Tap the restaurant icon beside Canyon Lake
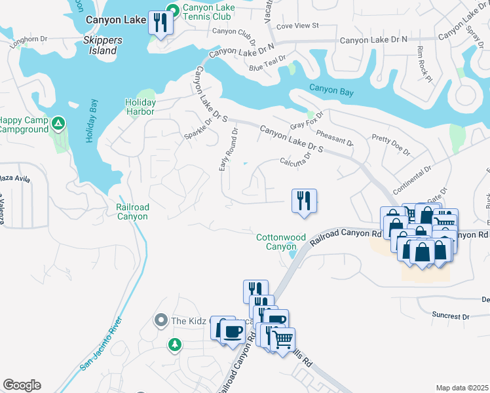coord(160,24)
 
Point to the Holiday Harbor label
coord(141,107)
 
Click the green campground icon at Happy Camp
coord(58,123)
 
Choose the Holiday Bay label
coord(92,121)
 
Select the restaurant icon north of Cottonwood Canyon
coord(304,200)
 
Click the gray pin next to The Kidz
coord(161,320)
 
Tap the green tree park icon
coord(174,344)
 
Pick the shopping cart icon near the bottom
coord(282,339)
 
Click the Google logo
coord(22,385)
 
